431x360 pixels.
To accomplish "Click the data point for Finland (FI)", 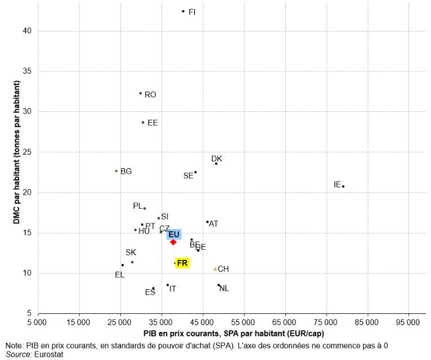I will click(x=183, y=11).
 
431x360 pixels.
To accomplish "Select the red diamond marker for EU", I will click(x=173, y=242).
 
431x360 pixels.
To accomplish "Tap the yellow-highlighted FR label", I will click(x=182, y=263).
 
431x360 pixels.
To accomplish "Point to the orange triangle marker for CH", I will click(x=215, y=269).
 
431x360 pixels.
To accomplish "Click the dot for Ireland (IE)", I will click(x=343, y=186).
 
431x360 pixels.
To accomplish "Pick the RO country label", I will click(x=150, y=94).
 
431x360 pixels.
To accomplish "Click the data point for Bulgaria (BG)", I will click(x=116, y=171).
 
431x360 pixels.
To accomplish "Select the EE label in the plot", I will click(x=152, y=123).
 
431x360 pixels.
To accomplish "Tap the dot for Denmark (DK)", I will click(x=216, y=163).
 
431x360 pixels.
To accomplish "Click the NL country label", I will click(x=224, y=289).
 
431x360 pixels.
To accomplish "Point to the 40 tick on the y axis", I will click(x=26, y=31).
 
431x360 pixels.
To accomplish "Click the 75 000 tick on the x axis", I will click(x=326, y=322).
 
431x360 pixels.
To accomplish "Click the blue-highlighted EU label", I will click(x=174, y=234).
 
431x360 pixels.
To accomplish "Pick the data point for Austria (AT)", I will click(x=207, y=222).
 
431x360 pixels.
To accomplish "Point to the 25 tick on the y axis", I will click(x=26, y=152).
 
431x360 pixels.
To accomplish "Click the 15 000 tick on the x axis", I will click(x=78, y=322).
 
